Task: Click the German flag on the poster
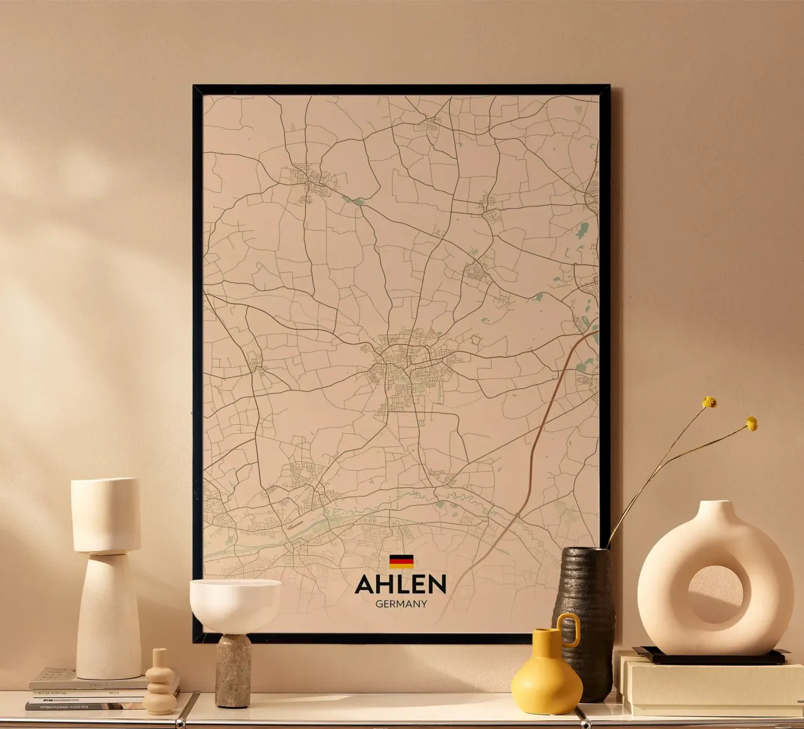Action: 401,561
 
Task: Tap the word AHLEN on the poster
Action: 401,584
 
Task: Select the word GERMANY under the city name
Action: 401,604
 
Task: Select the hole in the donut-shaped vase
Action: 715,595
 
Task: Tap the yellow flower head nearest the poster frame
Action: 709,402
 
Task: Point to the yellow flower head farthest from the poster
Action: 751,424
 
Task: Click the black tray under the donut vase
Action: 710,657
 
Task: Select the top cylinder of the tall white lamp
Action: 106,515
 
